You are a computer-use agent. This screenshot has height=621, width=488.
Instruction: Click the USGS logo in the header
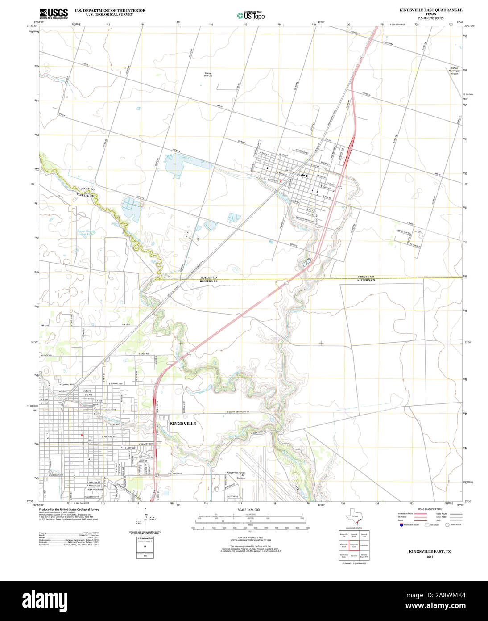(54, 13)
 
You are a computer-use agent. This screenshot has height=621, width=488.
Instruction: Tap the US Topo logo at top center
(251, 15)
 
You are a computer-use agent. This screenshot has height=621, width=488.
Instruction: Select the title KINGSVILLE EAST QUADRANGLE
(424, 10)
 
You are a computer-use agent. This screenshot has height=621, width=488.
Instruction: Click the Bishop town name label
(303, 175)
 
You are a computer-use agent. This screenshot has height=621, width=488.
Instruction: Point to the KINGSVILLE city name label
(182, 423)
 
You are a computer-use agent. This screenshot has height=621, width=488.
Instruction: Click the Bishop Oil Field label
(208, 75)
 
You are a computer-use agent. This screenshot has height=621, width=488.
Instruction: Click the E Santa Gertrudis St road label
(244, 412)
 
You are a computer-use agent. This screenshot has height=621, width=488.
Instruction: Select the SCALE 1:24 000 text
(249, 510)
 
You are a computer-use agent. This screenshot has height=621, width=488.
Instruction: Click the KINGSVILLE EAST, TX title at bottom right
(430, 552)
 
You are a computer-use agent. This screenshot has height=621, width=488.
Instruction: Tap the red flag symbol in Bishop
(281, 180)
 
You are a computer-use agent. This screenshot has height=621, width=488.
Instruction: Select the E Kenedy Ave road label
(143, 444)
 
